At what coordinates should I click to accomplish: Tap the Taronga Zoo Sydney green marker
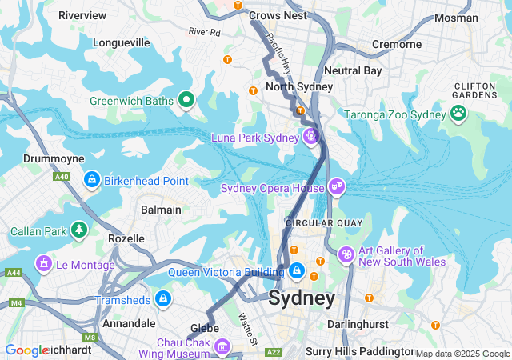pos(458,114)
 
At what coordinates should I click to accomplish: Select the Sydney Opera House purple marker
pos(337,187)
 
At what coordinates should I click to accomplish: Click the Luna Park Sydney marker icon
pos(309,137)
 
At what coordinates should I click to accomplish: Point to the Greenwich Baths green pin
pos(186,100)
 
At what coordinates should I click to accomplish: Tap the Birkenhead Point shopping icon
pos(92,180)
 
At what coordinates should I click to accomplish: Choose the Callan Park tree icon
pos(78,231)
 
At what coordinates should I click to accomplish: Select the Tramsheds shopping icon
pos(163,299)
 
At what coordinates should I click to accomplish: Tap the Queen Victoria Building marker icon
pos(297,271)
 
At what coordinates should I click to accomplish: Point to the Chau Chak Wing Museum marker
pos(222,347)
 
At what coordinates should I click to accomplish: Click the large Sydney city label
pos(302,298)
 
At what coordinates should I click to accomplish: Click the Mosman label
pos(457,18)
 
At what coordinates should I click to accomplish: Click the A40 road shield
pos(61,177)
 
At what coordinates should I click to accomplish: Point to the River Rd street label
pos(204,32)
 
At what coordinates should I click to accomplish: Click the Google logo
pos(26,350)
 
